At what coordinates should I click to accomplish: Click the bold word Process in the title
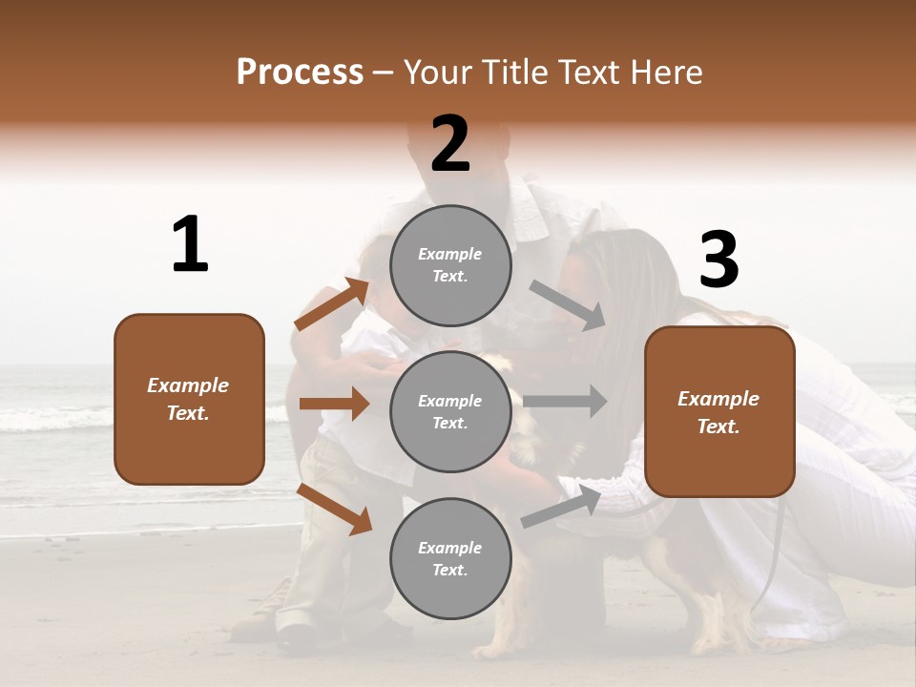(300, 73)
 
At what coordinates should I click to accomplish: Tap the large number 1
(190, 245)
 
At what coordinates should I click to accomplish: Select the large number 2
(450, 144)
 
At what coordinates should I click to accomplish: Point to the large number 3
(718, 260)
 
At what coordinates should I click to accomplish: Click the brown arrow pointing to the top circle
(331, 304)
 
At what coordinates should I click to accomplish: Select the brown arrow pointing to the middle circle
(334, 404)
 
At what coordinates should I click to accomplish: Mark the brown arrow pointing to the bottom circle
(334, 509)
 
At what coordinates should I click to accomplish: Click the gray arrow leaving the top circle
(567, 305)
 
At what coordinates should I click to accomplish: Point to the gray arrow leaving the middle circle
(565, 401)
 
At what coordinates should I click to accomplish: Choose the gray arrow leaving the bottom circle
(561, 506)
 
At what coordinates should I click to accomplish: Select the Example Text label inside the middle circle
(450, 412)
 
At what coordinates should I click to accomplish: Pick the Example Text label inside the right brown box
(718, 412)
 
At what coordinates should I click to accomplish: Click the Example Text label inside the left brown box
(188, 399)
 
